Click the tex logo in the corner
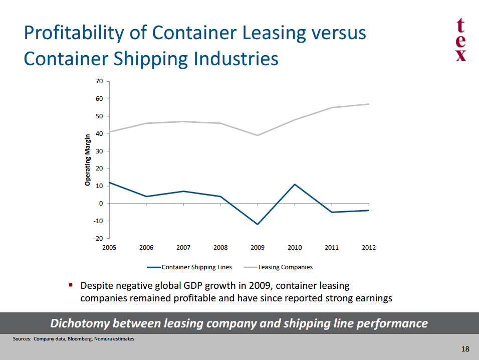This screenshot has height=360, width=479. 461,40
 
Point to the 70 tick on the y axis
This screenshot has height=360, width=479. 99,81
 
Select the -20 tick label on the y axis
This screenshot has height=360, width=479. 98,238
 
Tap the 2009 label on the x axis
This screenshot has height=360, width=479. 258,248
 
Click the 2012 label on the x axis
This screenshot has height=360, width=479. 368,248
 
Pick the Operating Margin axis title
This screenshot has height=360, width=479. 88,160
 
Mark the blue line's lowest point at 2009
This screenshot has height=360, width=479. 258,224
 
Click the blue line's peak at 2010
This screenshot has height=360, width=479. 295,185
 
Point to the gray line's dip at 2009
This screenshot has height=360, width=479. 258,135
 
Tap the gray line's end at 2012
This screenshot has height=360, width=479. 369,104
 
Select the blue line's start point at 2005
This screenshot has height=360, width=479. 110,183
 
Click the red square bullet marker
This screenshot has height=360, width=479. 71,285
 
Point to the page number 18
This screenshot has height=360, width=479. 465,349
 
